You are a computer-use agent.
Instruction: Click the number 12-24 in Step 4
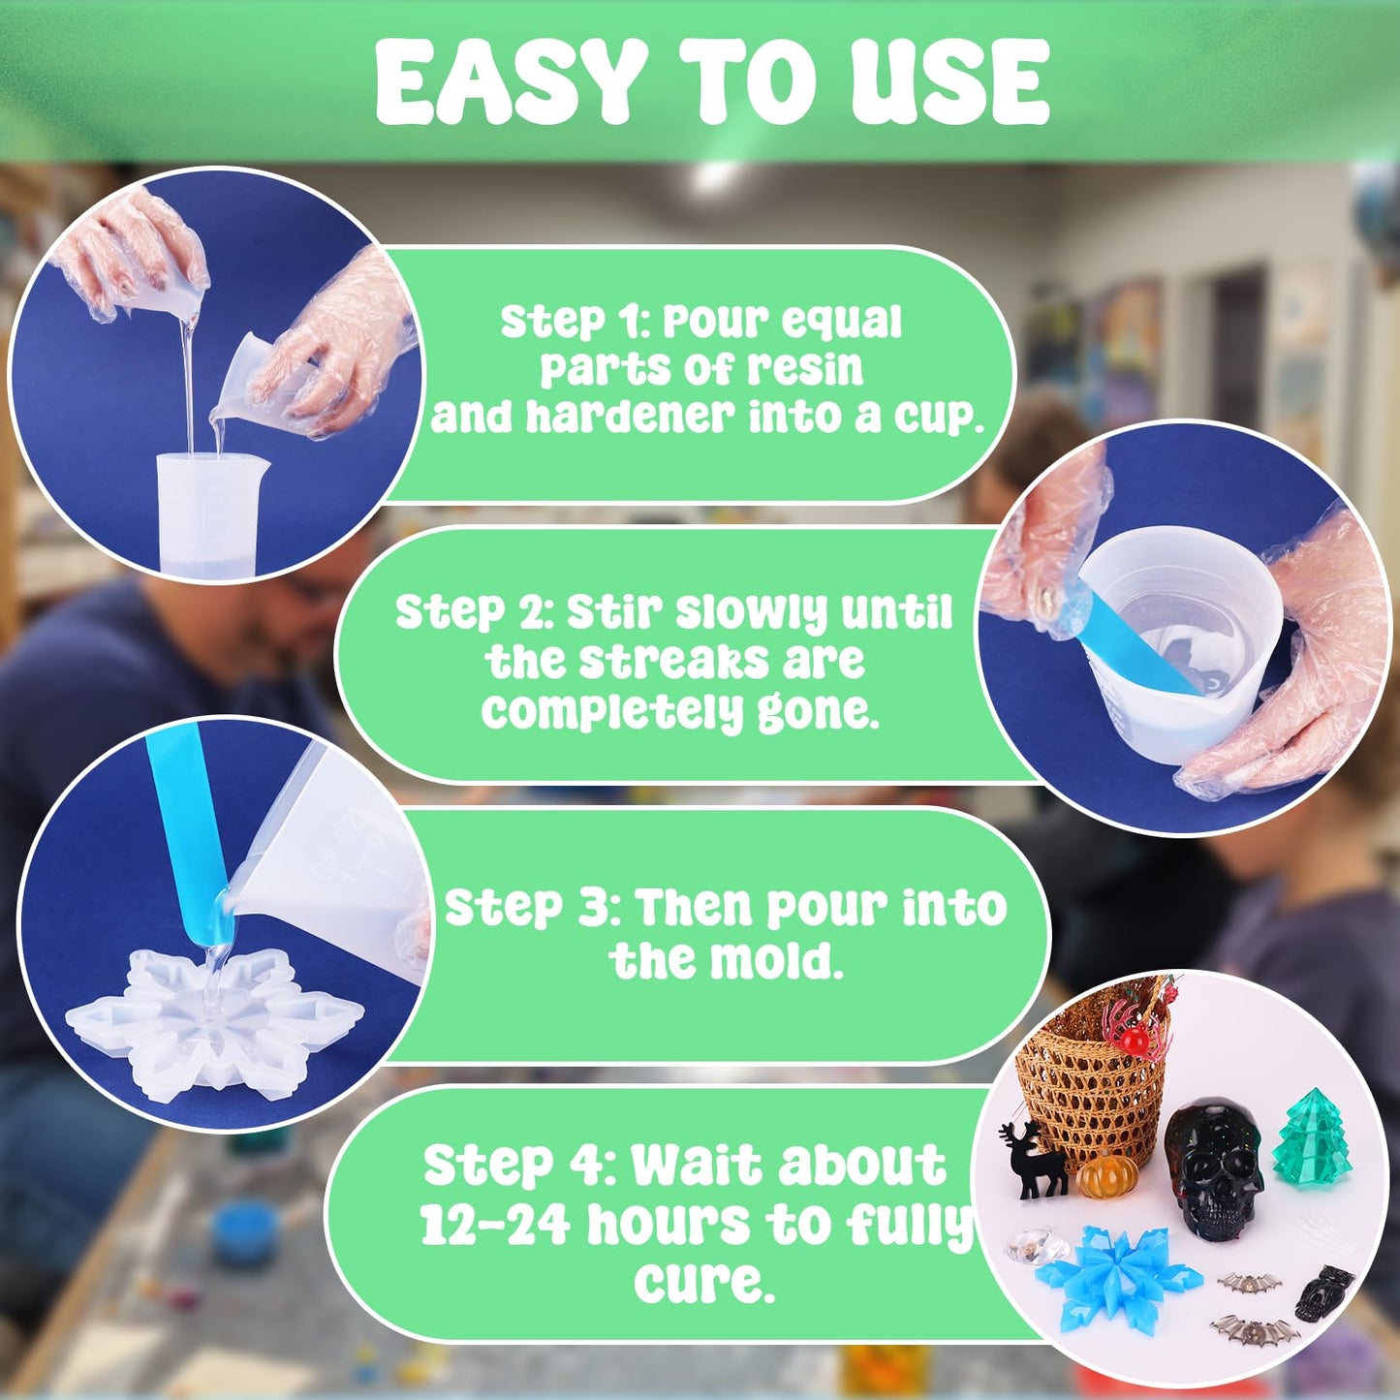(494, 1225)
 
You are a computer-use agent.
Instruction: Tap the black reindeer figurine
(1035, 1159)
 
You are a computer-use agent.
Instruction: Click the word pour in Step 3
(825, 909)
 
